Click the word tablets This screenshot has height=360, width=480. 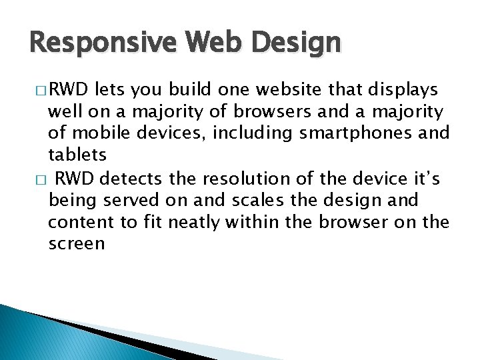coord(77,155)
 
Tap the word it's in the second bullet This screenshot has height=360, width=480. coord(426,179)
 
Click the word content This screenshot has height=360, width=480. coord(74,222)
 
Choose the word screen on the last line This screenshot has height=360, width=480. coord(77,243)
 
